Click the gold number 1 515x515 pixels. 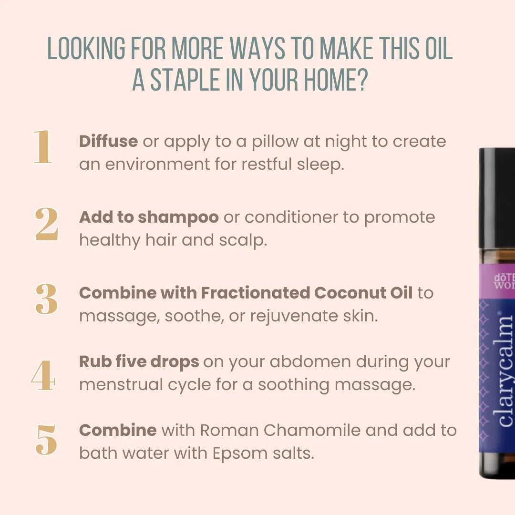click(x=43, y=146)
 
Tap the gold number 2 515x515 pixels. click(x=47, y=224)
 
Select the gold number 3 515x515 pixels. click(x=47, y=299)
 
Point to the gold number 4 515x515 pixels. click(x=43, y=375)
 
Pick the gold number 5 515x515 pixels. click(x=46, y=440)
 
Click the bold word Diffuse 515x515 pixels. click(x=108, y=141)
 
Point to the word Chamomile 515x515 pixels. click(x=312, y=430)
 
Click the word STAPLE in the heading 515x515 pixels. click(x=185, y=80)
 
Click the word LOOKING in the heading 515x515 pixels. click(x=86, y=48)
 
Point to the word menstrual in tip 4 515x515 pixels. click(x=121, y=385)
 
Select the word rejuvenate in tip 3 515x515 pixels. click(x=294, y=317)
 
